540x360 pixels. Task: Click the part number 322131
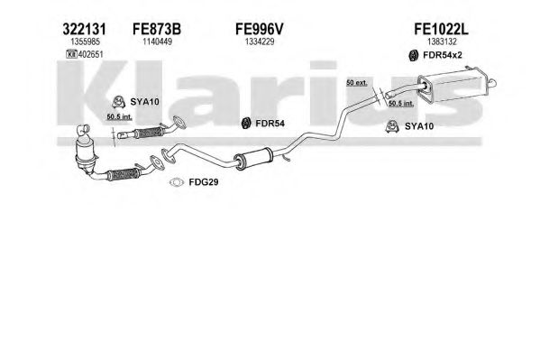[84, 29]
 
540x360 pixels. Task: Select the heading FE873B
[157, 29]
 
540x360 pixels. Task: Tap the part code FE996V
[260, 29]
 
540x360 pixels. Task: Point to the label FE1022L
[441, 29]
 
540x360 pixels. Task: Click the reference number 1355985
[85, 42]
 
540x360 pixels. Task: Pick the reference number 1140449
[158, 42]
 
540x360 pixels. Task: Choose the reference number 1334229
[260, 42]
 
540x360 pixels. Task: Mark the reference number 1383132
[442, 42]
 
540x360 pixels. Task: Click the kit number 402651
[90, 54]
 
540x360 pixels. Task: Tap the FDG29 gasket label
[204, 182]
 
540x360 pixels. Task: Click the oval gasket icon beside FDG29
[177, 182]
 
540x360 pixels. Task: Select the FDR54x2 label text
[443, 55]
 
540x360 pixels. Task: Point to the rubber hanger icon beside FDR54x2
[413, 55]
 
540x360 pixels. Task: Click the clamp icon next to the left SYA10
[118, 102]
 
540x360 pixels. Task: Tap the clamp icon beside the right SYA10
[392, 126]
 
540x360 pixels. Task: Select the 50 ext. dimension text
[357, 83]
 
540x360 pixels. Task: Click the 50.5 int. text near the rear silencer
[401, 103]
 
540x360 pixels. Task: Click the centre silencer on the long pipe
[253, 159]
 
